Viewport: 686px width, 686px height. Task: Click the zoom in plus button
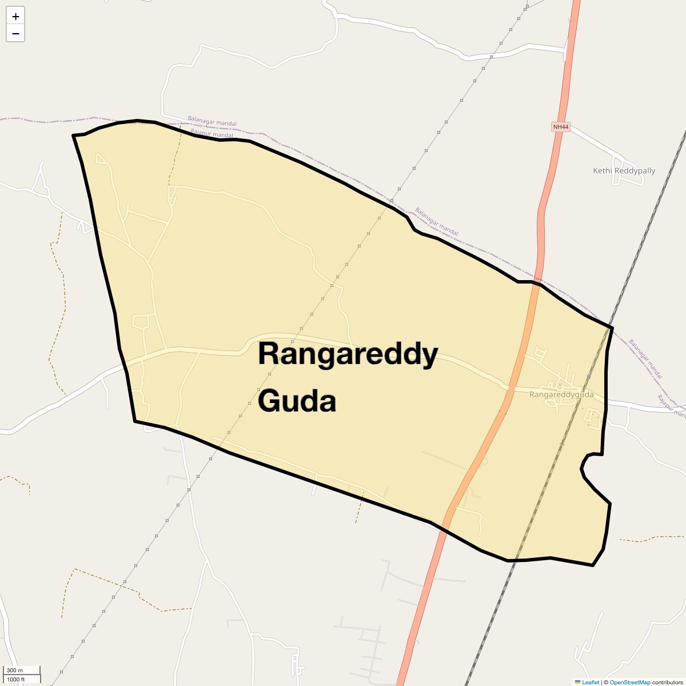[x=15, y=16]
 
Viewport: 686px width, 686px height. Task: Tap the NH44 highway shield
[x=561, y=127]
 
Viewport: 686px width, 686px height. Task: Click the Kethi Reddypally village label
[x=624, y=170]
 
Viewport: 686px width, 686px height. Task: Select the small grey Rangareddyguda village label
[x=561, y=394]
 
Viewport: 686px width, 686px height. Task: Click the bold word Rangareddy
[x=348, y=354]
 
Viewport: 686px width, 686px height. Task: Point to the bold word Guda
[x=297, y=401]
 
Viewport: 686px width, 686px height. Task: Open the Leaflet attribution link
[x=591, y=682]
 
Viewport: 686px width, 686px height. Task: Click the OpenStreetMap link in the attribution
[x=630, y=682]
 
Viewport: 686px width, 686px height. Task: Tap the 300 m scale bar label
[x=15, y=670]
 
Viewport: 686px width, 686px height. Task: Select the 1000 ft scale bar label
[x=16, y=679]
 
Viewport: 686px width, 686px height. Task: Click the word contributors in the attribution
[x=667, y=682]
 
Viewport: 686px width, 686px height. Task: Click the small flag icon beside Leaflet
[x=577, y=682]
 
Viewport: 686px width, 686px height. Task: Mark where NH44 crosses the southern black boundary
[x=444, y=530]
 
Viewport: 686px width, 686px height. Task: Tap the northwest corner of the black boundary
[x=73, y=135]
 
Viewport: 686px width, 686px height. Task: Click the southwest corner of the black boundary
[x=135, y=421]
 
